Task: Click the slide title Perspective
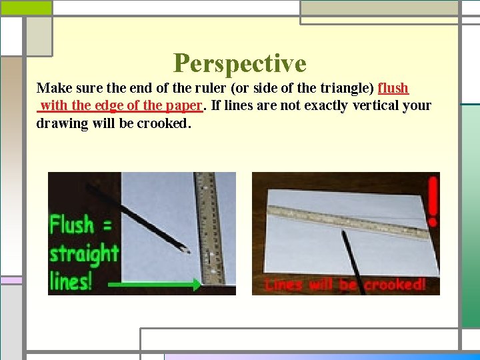[x=239, y=63]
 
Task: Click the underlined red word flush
[x=393, y=88]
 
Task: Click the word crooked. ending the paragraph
[x=164, y=123]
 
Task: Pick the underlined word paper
[x=183, y=105]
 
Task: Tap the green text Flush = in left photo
[x=81, y=225]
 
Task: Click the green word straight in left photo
[x=84, y=254]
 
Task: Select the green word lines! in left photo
[x=71, y=281]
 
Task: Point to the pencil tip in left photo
[x=187, y=251]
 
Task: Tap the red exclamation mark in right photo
[x=433, y=199]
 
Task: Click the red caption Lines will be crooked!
[x=345, y=285]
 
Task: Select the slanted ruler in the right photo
[x=347, y=221]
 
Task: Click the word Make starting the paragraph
[x=52, y=88]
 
